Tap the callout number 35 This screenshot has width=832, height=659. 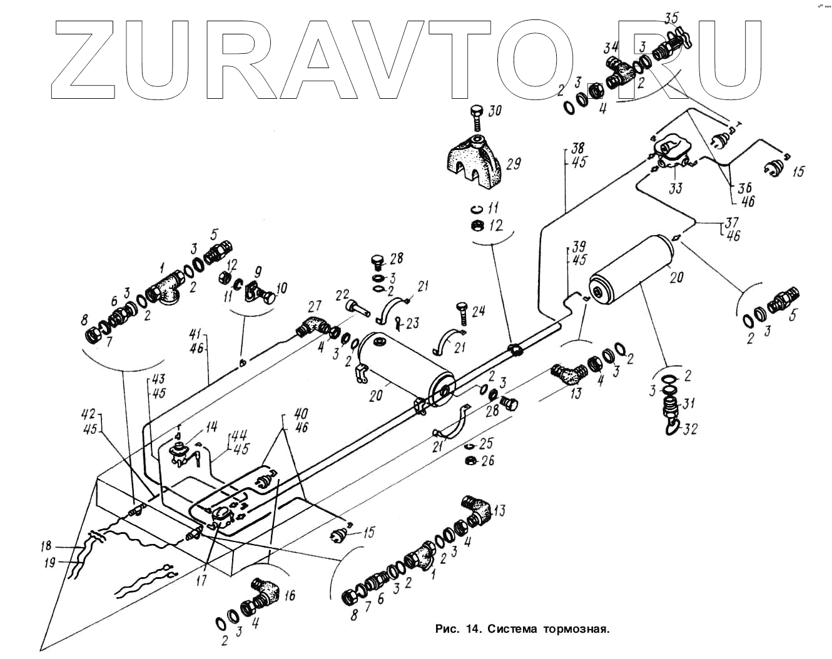click(x=671, y=18)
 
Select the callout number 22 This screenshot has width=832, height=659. click(x=342, y=294)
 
